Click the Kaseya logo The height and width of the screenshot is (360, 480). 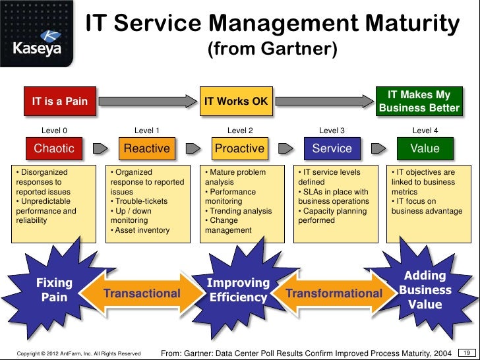click(38, 39)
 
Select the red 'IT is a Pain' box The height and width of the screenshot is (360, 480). click(60, 102)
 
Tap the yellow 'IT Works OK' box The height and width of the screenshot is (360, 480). click(236, 102)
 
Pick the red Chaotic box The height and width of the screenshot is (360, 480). click(54, 148)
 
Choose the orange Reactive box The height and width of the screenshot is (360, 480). click(147, 148)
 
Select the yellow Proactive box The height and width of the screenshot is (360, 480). click(239, 148)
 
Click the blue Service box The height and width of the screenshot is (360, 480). click(332, 148)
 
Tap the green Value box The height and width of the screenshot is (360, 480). click(425, 148)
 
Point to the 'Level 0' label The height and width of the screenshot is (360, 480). click(54, 131)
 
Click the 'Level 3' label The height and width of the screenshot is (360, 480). click(332, 131)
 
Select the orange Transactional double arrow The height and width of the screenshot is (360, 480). click(142, 293)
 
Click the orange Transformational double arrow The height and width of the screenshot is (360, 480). click(334, 293)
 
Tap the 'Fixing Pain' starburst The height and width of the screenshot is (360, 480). click(54, 290)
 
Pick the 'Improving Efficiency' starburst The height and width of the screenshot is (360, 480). click(238, 290)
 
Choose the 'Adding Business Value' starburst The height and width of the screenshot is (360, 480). click(425, 290)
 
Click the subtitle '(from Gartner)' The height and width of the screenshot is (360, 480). click(272, 49)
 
